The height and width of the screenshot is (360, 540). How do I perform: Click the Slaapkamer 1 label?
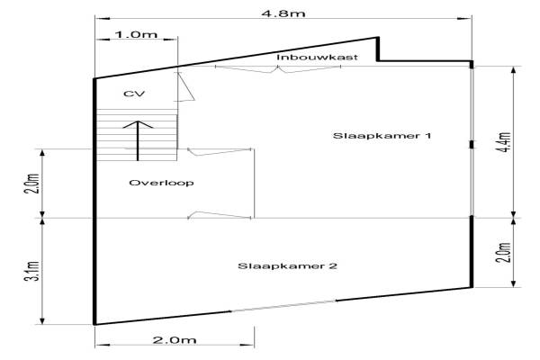[x=382, y=136]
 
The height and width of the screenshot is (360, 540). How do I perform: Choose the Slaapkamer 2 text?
[x=274, y=265]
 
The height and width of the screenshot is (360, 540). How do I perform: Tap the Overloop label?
[x=161, y=183]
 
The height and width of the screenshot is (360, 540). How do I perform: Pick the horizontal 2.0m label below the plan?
[x=175, y=340]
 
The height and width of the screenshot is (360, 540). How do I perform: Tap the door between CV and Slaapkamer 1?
[x=187, y=88]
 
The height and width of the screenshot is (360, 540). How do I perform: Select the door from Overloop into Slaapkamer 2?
[x=220, y=214]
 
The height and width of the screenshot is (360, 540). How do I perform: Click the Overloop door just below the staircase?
[x=217, y=152]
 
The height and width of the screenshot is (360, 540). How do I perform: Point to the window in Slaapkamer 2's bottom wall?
[x=275, y=310]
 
